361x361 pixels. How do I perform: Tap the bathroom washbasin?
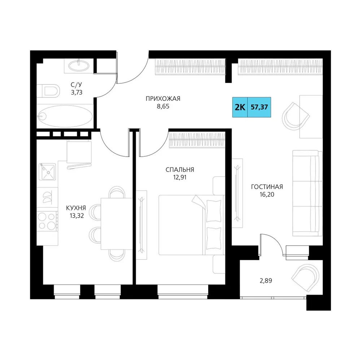click(x=79, y=66)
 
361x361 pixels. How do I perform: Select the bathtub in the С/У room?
click(x=65, y=116)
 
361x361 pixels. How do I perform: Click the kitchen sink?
click(x=47, y=172)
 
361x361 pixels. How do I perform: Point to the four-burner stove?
click(x=47, y=221)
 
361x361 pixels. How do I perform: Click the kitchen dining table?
click(x=117, y=223)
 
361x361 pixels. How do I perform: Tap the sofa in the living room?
click(x=307, y=193)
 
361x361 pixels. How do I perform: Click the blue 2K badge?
click(x=240, y=107)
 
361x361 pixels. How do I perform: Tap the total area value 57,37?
click(x=259, y=107)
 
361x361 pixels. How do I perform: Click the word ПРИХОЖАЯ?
click(x=163, y=99)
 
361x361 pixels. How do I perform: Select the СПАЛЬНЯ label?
click(x=180, y=170)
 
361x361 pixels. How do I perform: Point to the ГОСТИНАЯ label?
click(x=267, y=187)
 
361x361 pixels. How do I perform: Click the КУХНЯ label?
click(x=76, y=208)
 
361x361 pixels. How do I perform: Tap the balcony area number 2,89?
click(x=266, y=280)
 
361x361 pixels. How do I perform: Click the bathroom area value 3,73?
click(x=77, y=92)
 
